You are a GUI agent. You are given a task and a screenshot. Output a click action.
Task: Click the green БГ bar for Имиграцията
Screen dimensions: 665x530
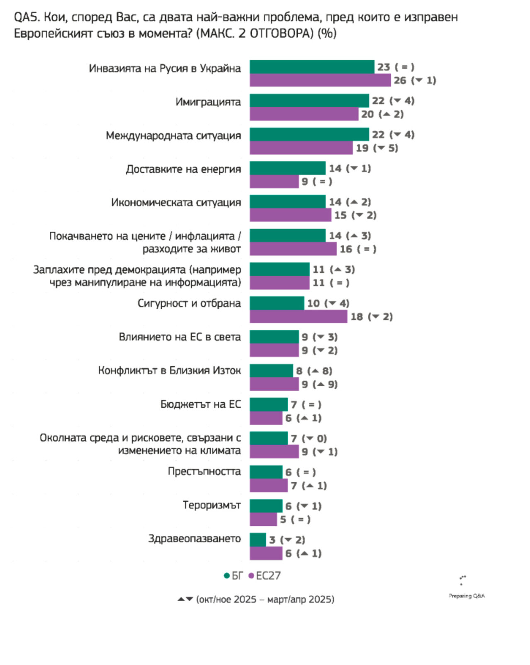(x=309, y=101)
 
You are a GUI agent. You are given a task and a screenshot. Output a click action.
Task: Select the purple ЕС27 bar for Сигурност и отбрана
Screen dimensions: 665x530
(x=298, y=317)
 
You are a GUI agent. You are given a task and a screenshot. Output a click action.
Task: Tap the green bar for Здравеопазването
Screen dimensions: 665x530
(x=258, y=539)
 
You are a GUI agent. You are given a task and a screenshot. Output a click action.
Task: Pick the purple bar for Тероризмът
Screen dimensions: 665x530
(x=263, y=519)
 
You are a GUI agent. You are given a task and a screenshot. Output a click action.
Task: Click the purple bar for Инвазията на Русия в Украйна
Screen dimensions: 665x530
(x=320, y=80)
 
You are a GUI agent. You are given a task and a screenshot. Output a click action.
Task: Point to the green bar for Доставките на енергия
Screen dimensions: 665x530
(x=287, y=168)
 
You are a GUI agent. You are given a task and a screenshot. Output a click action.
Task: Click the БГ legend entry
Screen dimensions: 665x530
(x=233, y=576)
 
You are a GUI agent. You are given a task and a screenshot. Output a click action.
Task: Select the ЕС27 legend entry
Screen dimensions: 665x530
(x=265, y=576)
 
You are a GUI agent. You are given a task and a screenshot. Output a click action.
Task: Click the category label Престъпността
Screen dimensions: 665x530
(x=204, y=472)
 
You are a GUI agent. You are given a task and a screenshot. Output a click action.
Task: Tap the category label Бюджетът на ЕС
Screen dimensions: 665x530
(x=201, y=404)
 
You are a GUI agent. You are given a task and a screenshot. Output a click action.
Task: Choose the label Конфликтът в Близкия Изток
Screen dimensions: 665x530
(x=169, y=370)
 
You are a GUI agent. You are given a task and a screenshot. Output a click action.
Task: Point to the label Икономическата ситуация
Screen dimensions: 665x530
(x=176, y=203)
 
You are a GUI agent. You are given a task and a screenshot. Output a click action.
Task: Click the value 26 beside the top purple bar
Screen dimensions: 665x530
(x=400, y=80)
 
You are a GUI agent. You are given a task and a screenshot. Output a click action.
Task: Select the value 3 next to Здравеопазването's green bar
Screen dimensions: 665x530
(x=272, y=540)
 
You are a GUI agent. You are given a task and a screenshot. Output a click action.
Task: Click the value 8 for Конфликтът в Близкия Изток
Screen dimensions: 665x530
(x=299, y=371)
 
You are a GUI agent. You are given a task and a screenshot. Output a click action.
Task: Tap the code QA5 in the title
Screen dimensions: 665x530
(x=27, y=17)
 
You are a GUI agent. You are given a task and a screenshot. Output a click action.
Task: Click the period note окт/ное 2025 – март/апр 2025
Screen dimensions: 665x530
(x=265, y=599)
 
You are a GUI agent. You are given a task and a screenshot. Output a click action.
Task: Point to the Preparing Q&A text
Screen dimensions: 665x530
(x=467, y=596)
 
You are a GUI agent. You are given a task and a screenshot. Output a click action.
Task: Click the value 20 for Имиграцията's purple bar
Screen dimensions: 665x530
(x=367, y=114)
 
